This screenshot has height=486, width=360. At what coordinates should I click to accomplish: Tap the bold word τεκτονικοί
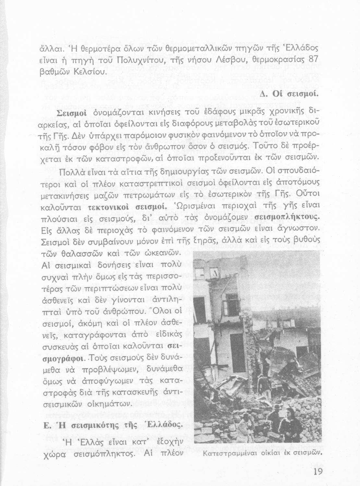(108, 207)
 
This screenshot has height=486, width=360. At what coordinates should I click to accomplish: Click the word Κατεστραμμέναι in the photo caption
(223, 453)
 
